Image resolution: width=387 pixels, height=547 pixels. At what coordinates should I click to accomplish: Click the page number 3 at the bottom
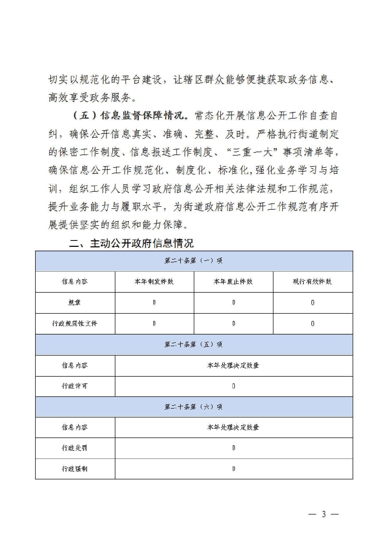point(324,514)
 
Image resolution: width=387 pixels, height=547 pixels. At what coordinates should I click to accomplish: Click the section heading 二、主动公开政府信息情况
point(131,243)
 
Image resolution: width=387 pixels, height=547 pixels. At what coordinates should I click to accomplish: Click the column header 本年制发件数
point(154,282)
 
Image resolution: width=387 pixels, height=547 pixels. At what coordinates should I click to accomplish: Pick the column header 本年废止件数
point(233,282)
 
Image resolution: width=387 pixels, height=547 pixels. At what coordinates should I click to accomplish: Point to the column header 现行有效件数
point(313,282)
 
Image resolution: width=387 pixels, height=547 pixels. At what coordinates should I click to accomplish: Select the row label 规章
point(75,303)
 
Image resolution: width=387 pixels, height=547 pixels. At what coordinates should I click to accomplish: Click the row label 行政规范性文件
point(75,324)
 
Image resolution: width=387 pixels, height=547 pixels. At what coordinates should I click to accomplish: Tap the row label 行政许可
point(75,386)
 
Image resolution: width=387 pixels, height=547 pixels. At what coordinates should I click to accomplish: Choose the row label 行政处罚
point(75,448)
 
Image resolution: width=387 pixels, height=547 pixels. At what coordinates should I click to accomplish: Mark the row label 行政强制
point(75,469)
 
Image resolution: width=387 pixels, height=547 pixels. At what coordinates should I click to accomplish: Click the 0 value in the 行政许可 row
point(234,386)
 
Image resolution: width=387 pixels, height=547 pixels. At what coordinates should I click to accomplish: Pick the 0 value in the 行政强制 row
point(234,469)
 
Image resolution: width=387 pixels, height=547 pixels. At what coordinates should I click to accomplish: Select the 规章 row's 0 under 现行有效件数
point(313,303)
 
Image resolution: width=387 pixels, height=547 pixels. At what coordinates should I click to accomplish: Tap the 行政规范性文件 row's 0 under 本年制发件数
point(154,324)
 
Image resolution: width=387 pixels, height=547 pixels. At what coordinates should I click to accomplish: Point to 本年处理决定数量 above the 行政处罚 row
point(233,427)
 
